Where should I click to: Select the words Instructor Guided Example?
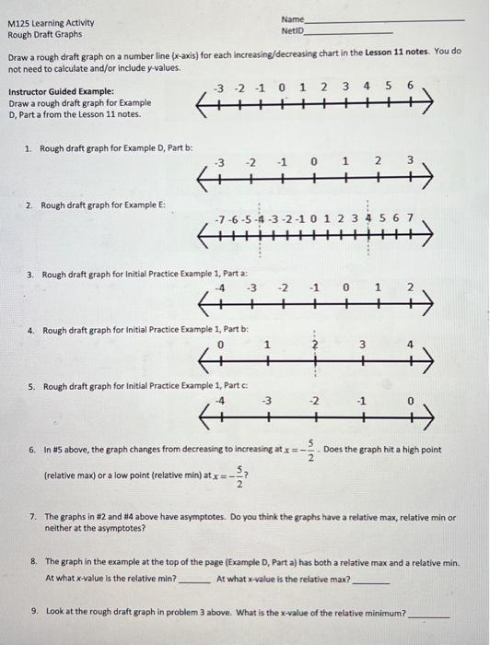61,91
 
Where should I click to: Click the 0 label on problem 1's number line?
314,162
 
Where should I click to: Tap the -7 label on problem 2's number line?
217,219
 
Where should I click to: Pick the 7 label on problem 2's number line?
410,219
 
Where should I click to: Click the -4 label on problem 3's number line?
219,287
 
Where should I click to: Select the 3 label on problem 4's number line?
363,345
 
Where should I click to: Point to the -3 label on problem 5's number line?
267,401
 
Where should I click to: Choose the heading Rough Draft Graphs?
43,35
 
